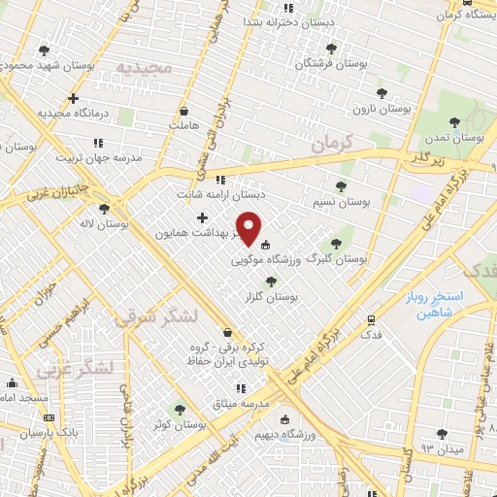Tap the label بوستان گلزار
pyautogui.click(x=298, y=295)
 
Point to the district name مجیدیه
pyautogui.click(x=145, y=67)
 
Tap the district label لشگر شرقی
pyautogui.click(x=154, y=317)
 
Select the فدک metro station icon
pyautogui.click(x=372, y=319)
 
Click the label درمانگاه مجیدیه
pyautogui.click(x=76, y=113)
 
